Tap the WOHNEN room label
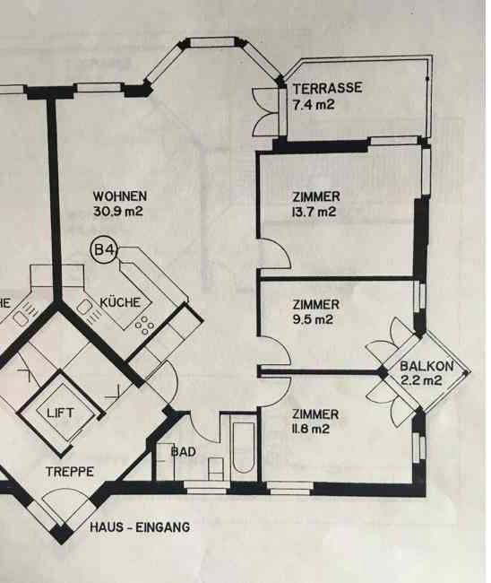(x=119, y=196)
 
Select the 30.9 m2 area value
(x=118, y=212)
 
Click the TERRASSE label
(x=327, y=89)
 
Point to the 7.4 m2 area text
(x=314, y=104)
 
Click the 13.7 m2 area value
(x=314, y=212)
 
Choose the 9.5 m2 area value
(x=313, y=319)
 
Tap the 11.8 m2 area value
(x=311, y=429)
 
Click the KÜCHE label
(x=120, y=302)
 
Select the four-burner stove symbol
(x=145, y=326)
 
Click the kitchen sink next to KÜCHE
(x=85, y=308)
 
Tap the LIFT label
(x=60, y=413)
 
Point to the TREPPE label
(x=70, y=472)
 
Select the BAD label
(x=183, y=452)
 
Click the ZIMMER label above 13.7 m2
(x=316, y=196)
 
